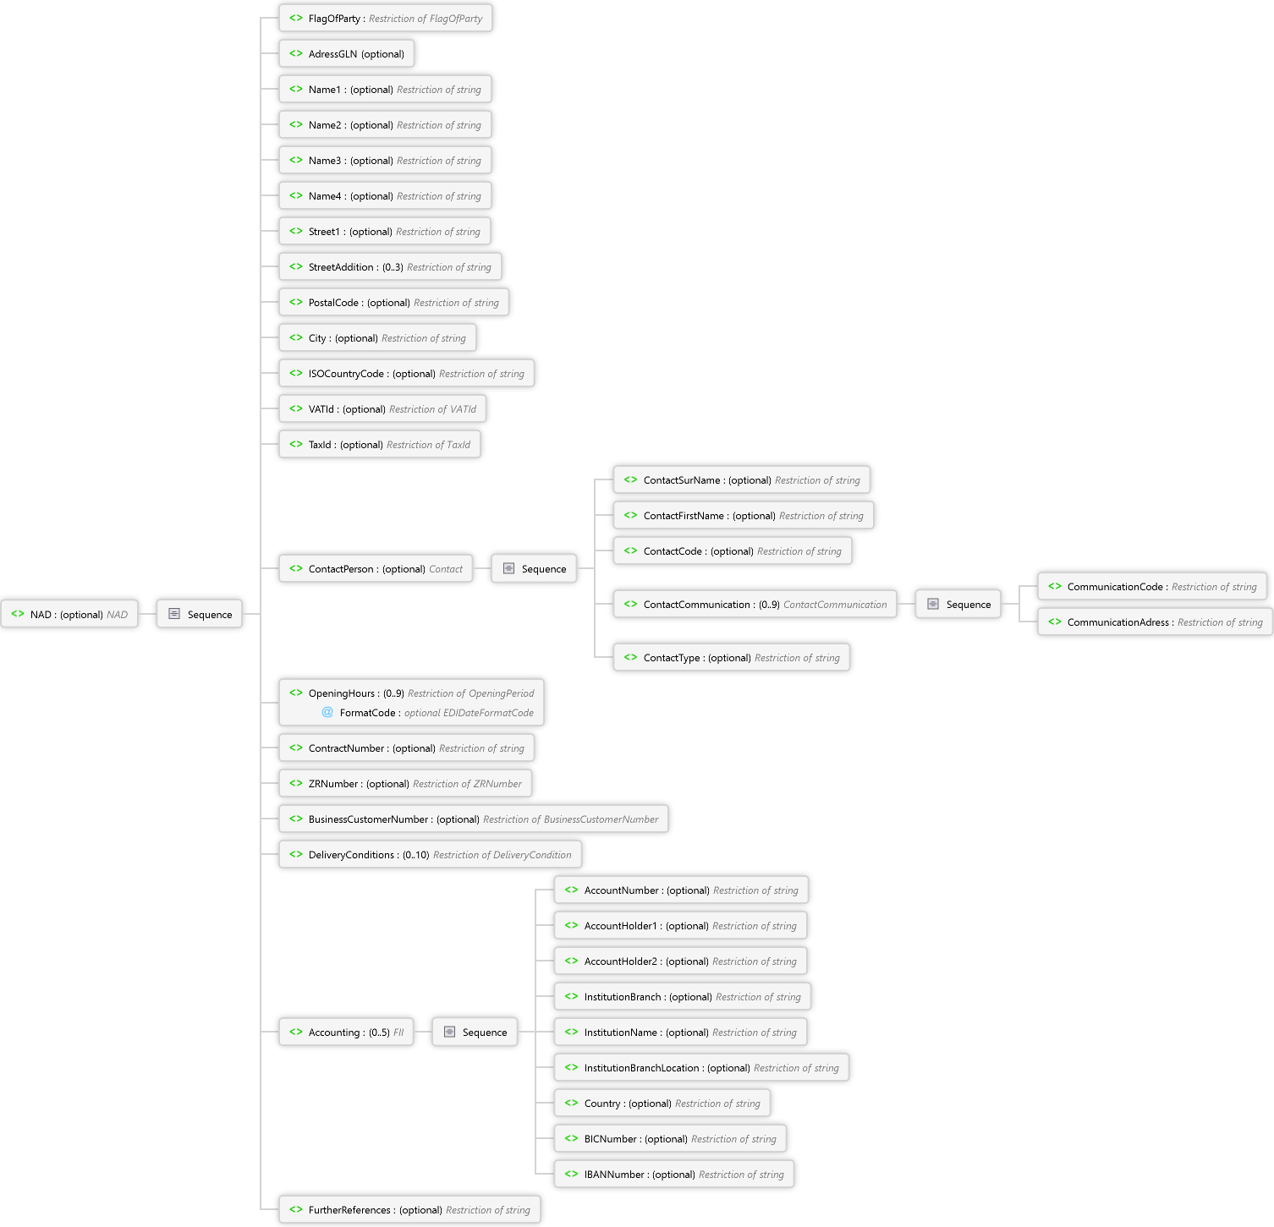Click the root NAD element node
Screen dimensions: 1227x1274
[69, 615]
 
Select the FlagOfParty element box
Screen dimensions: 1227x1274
[386, 19]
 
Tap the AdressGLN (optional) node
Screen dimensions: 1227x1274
[347, 54]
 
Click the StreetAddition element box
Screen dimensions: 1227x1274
[390, 267]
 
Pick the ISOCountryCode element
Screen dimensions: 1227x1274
[406, 374]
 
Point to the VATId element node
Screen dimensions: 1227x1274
[382, 409]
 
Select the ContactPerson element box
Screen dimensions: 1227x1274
[376, 569]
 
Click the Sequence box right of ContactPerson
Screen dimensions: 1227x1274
[535, 569]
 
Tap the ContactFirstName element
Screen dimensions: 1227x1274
[744, 516]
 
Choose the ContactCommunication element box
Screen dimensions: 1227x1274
[755, 605]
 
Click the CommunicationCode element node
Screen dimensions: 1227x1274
[1152, 587]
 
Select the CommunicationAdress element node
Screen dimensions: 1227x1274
[1155, 622]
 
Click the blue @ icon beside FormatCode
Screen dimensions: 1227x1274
[327, 712]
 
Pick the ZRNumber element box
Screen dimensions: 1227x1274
[406, 784]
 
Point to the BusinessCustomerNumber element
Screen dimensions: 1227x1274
[474, 819]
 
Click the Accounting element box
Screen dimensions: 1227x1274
[346, 1033]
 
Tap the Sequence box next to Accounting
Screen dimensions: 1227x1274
[475, 1033]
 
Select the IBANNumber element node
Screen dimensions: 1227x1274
[674, 1175]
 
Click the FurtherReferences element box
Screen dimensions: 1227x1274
[409, 1210]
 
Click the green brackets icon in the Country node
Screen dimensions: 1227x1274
[572, 1103]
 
